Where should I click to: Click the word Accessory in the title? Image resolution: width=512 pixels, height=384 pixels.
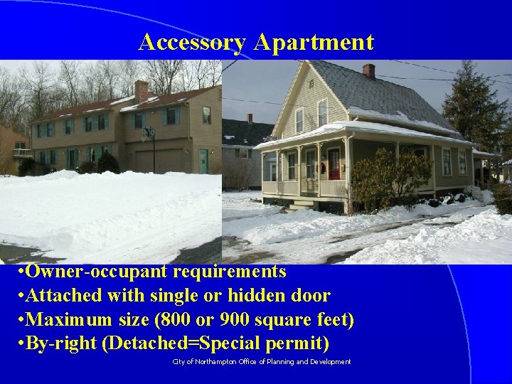click(x=191, y=42)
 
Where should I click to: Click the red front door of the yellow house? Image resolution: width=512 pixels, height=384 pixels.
click(x=334, y=164)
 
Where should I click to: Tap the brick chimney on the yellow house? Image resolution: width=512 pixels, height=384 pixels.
click(x=368, y=70)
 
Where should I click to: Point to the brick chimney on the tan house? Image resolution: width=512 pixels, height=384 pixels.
click(x=141, y=90)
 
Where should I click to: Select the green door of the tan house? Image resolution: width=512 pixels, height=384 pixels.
click(x=204, y=161)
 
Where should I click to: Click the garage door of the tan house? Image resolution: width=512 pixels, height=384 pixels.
click(x=167, y=160)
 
